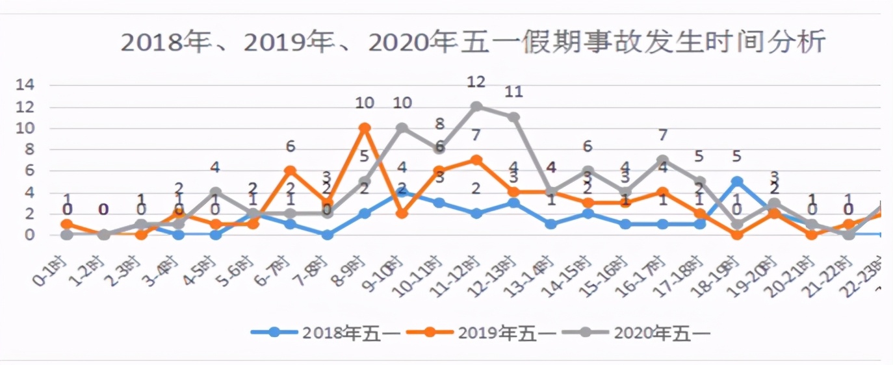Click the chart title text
473,43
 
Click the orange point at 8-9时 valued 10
365,128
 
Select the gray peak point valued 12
476,107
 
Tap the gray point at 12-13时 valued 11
513,118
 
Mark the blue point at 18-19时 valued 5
737,182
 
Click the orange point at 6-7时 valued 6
290,171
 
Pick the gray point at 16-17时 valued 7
662,160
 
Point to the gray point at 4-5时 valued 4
215,192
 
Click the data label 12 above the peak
476,82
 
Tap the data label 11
513,92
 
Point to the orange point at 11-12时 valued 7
476,160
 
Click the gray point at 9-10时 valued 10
402,128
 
